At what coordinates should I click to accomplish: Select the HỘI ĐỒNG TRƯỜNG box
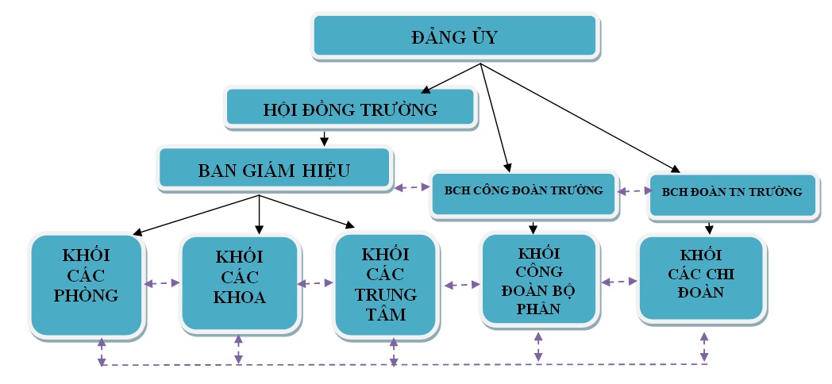[350, 109]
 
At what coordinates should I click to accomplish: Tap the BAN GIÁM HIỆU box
[274, 169]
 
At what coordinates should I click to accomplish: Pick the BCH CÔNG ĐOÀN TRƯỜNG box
[523, 191]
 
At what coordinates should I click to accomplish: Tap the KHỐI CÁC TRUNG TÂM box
[385, 283]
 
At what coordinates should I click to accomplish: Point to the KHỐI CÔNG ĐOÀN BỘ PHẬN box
[537, 279]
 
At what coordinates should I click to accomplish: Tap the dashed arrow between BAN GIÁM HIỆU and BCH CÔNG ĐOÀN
[410, 188]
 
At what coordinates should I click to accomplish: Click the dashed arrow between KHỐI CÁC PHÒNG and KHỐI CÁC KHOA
[163, 282]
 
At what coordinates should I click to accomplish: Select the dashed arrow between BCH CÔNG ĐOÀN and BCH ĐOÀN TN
[632, 191]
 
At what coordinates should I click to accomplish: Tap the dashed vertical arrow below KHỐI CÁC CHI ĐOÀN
[703, 346]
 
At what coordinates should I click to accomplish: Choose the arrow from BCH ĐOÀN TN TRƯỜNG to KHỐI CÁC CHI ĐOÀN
[709, 226]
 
